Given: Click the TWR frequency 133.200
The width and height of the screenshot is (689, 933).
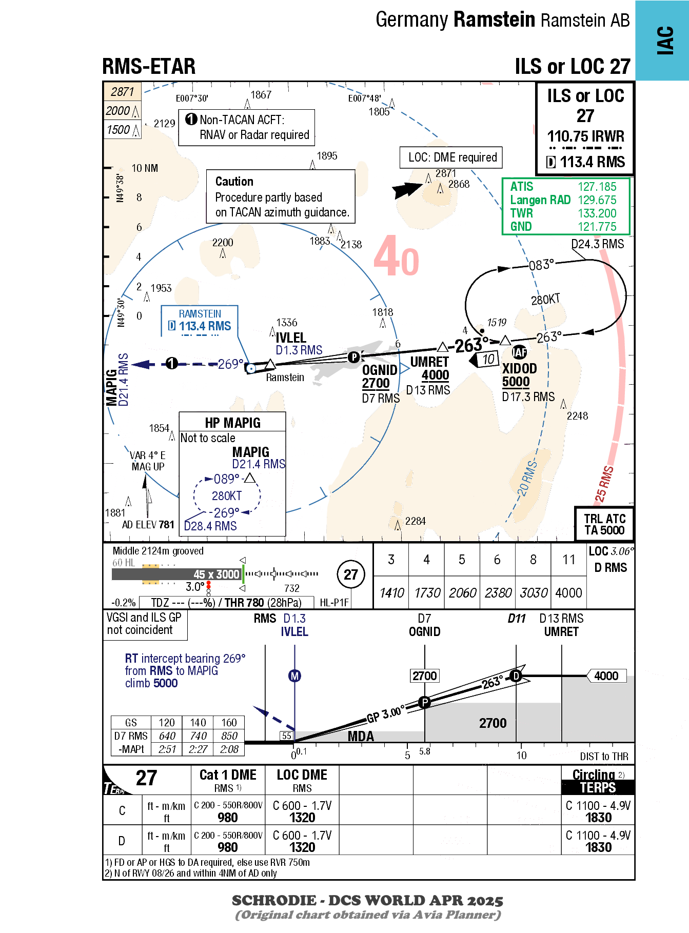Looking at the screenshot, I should [x=597, y=213].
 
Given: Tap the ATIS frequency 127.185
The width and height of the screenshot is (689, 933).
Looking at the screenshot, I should [x=597, y=187].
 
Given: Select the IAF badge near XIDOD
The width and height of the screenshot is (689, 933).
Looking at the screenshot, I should [x=519, y=352].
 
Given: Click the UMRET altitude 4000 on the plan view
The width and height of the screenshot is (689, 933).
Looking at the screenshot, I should [x=435, y=375].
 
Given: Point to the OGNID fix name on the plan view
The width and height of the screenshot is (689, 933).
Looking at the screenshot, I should [x=380, y=370].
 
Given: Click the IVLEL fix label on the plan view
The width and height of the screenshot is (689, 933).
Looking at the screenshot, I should [x=291, y=338].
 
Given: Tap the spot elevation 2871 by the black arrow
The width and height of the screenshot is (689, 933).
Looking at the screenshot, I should [x=445, y=173].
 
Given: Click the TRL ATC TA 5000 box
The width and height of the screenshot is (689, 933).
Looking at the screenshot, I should [x=604, y=524].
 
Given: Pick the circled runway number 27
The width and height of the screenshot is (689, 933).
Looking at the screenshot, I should [x=351, y=574].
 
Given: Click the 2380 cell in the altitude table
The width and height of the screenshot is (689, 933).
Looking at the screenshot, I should [x=498, y=593].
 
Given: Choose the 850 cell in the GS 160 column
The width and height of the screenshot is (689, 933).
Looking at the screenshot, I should [x=229, y=736].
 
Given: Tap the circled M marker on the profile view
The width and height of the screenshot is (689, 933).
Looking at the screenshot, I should [x=294, y=676].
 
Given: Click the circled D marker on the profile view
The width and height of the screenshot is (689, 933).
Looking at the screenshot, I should [x=516, y=676].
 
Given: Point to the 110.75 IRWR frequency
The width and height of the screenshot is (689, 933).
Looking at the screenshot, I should [x=585, y=136].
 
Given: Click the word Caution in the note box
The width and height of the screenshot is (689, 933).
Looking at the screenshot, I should [x=234, y=182].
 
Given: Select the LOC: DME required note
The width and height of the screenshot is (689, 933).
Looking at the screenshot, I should [x=452, y=157].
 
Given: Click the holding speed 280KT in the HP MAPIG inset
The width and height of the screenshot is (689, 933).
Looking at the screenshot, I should [x=227, y=496].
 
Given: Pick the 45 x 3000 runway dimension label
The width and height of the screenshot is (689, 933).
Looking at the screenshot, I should [x=216, y=574].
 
